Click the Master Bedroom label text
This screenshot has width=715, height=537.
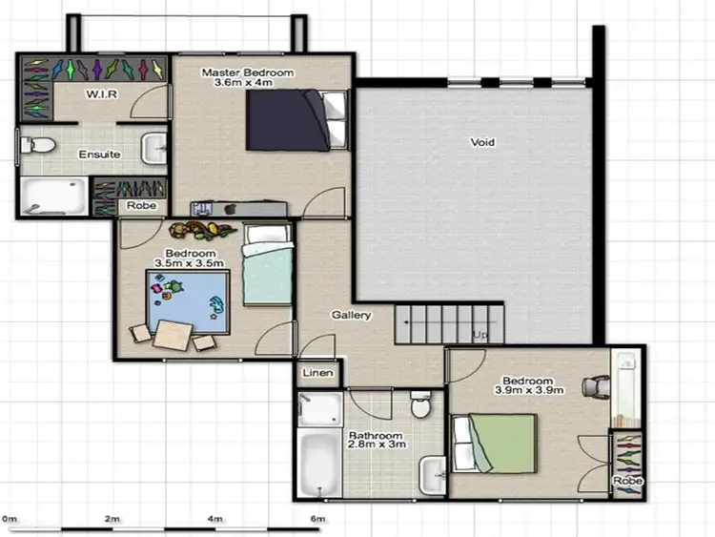[x=248, y=72]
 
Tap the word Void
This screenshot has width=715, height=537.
[x=482, y=143]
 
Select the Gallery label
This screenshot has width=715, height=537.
[x=350, y=315]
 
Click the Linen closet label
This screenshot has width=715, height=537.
[x=317, y=373]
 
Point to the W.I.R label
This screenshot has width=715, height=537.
[x=101, y=94]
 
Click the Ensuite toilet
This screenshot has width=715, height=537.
[x=36, y=146]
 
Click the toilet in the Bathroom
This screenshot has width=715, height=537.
[x=420, y=406]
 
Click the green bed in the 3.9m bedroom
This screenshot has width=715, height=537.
[x=496, y=442]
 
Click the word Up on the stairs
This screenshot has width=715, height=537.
[x=480, y=335]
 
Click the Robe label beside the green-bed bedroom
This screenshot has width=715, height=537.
[x=625, y=482]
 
